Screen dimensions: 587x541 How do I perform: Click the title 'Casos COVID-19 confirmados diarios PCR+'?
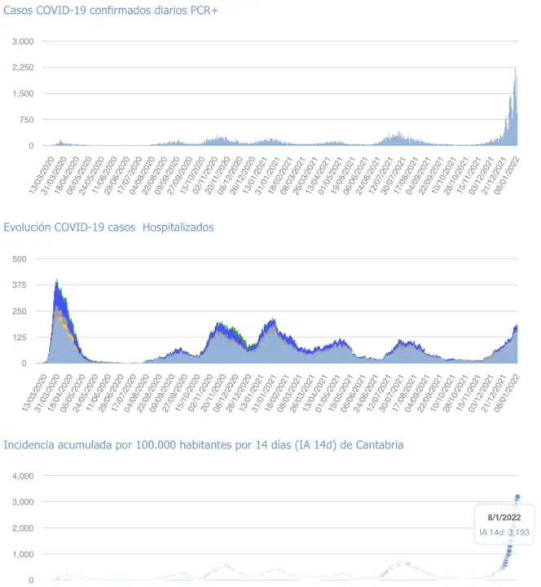pyautogui.click(x=111, y=10)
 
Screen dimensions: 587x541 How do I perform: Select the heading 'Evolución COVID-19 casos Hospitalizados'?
pyautogui.click(x=109, y=227)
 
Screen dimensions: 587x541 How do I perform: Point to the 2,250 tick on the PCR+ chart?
pyautogui.click(x=23, y=68)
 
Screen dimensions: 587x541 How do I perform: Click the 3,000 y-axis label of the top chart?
pyautogui.click(x=23, y=42)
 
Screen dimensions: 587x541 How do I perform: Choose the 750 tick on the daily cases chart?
pyautogui.click(x=26, y=120)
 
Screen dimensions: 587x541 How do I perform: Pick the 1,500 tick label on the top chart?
pyautogui.click(x=23, y=94)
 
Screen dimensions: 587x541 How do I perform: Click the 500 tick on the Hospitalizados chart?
pyautogui.click(x=20, y=259)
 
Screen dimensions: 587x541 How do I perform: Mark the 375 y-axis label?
pyautogui.click(x=20, y=285)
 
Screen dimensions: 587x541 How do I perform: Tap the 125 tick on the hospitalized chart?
pyautogui.click(x=20, y=338)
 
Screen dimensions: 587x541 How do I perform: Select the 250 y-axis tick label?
pyautogui.click(x=20, y=311)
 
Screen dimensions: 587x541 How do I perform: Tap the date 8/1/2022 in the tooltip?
pyautogui.click(x=499, y=518)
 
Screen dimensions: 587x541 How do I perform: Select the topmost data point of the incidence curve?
pyautogui.click(x=517, y=497)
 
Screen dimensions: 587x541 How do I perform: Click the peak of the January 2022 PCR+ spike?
pyautogui.click(x=515, y=69)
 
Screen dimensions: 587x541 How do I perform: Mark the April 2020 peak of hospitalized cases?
pyautogui.click(x=56, y=281)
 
